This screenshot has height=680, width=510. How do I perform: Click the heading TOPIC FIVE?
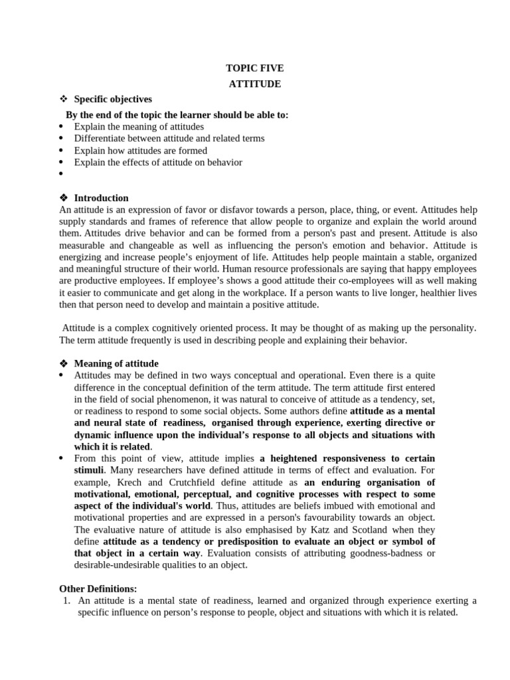pyautogui.click(x=255, y=68)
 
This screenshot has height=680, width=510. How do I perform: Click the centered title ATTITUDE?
pyautogui.click(x=255, y=84)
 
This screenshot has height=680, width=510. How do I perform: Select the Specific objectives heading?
pyautogui.click(x=113, y=99)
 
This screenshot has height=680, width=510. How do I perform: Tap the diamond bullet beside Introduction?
pyautogui.click(x=64, y=198)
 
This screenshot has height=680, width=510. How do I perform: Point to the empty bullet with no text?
pyautogui.click(x=61, y=175)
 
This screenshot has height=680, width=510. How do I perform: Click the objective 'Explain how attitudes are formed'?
pyautogui.click(x=141, y=151)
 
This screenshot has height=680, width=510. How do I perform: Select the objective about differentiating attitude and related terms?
pyautogui.click(x=169, y=138)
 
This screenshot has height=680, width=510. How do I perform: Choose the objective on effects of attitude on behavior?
pyautogui.click(x=158, y=162)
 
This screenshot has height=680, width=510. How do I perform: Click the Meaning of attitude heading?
pyautogui.click(x=116, y=363)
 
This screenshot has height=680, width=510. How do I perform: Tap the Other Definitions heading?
pyautogui.click(x=98, y=588)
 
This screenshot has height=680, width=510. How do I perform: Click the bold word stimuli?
pyautogui.click(x=88, y=470)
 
